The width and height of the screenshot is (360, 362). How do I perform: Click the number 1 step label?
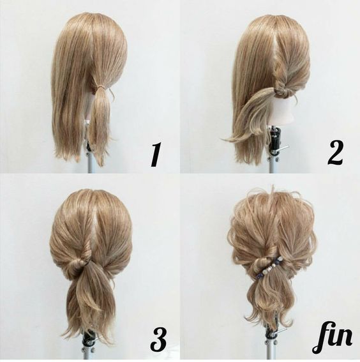(x=155, y=155)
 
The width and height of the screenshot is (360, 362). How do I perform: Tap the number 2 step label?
(x=335, y=153)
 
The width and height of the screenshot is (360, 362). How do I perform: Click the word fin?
(x=332, y=341)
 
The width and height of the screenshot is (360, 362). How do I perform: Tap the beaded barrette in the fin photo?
(x=269, y=267)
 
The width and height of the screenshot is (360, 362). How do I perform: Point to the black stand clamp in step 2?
(x=274, y=139)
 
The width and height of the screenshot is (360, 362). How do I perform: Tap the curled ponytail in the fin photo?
(x=269, y=300)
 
